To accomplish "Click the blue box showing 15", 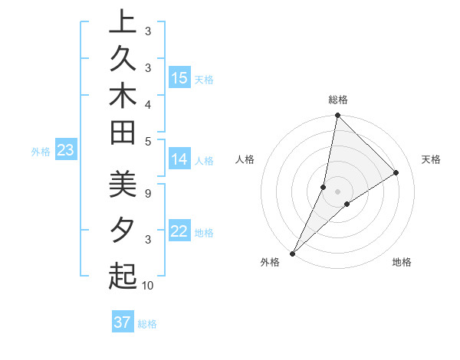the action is pos(179,78).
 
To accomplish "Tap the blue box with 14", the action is pos(179,160).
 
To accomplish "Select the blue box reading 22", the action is pos(179,232).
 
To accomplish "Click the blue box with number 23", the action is pos(65,151).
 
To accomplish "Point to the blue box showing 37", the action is pos(122,322).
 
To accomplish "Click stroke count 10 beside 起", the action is pos(148,286).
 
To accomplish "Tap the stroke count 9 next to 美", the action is pos(148,193).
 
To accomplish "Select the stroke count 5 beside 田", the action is pos(148,141).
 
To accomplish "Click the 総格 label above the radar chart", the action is pos(338,100).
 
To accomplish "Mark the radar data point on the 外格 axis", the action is pos(293,253).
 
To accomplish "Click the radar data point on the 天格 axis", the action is pos(396,172).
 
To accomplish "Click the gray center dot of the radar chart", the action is pos(338,191).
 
